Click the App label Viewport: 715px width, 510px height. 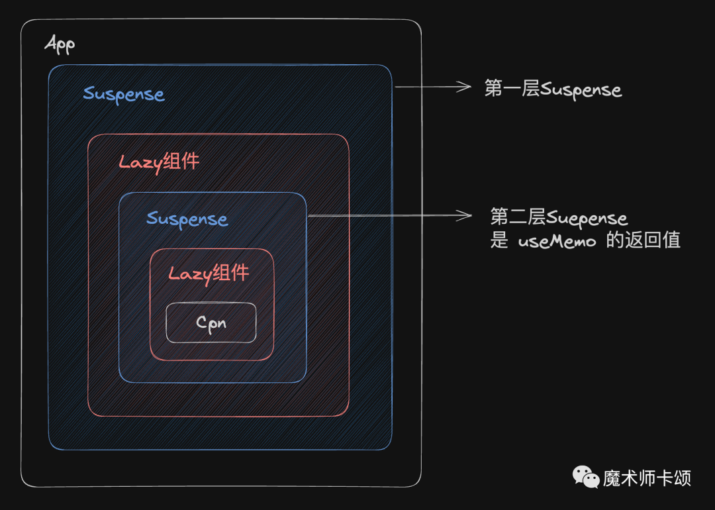[60, 44]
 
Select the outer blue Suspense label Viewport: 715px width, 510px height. [124, 94]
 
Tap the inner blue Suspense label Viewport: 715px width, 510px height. [187, 219]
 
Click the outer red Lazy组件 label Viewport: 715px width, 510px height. [159, 162]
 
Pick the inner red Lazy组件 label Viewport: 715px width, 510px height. [209, 273]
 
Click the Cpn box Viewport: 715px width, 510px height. [211, 323]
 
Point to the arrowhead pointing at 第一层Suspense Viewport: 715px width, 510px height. [465, 86]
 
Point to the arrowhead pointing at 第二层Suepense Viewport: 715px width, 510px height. [465, 215]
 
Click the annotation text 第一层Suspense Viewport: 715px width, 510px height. [553, 89]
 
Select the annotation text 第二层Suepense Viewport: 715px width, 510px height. [559, 217]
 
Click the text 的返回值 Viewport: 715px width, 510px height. [643, 240]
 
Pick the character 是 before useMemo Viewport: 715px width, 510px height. [499, 240]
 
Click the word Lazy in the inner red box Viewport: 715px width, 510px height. [188, 274]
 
